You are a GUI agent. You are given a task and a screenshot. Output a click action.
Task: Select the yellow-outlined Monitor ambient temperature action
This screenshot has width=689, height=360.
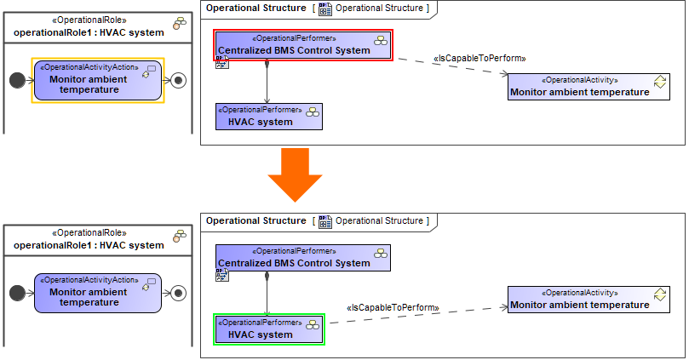pyautogui.click(x=98, y=79)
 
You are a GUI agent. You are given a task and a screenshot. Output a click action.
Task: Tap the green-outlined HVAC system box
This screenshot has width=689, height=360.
pyautogui.click(x=268, y=329)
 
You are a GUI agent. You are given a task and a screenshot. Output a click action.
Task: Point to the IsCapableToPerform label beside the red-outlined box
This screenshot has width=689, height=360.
pyautogui.click(x=479, y=58)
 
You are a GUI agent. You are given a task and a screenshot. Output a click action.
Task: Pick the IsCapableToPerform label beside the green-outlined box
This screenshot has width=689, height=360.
pyautogui.click(x=393, y=307)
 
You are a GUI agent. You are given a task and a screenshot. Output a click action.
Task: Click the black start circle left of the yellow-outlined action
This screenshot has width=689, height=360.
pyautogui.click(x=15, y=80)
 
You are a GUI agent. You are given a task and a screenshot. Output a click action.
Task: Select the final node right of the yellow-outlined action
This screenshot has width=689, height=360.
pyautogui.click(x=178, y=80)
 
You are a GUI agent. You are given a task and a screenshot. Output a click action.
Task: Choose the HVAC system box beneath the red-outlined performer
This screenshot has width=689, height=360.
pyautogui.click(x=269, y=117)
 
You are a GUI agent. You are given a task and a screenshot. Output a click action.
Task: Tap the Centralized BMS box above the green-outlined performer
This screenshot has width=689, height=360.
pyautogui.click(x=303, y=258)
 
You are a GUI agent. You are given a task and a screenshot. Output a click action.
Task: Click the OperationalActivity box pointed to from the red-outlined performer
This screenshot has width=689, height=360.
pyautogui.click(x=588, y=87)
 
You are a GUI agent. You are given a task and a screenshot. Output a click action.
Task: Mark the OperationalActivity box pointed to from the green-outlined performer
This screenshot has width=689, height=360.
pyautogui.click(x=588, y=300)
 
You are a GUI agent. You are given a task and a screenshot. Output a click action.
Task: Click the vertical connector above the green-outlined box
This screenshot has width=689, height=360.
pyautogui.click(x=267, y=294)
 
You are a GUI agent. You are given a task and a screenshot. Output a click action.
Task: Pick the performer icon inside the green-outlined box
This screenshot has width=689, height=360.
pyautogui.click(x=313, y=323)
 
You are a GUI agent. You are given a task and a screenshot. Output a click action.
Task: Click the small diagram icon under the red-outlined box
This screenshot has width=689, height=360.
pyautogui.click(x=221, y=63)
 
